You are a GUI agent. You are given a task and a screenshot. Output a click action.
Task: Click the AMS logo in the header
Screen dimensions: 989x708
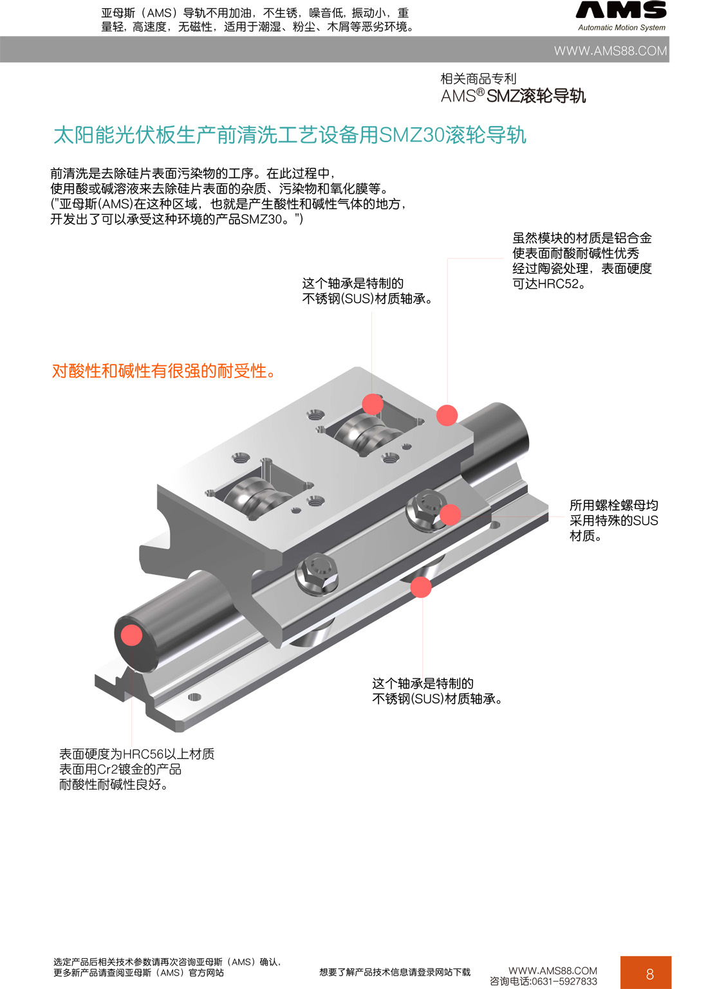[x=621, y=10]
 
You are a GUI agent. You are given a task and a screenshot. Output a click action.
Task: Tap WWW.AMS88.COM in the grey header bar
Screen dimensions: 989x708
[x=610, y=51]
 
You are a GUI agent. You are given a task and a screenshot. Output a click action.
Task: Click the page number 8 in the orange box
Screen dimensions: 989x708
[x=649, y=974]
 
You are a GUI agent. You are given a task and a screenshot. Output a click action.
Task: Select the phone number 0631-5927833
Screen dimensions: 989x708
[x=564, y=981]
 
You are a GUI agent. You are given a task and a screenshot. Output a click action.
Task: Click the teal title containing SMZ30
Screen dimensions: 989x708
[x=290, y=135]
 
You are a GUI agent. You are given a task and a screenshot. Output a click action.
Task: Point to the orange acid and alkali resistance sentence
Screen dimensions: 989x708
[x=164, y=371]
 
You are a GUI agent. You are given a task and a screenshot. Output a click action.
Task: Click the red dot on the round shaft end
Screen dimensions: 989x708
[x=131, y=635]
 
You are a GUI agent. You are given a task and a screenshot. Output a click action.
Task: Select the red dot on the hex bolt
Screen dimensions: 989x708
[x=450, y=514]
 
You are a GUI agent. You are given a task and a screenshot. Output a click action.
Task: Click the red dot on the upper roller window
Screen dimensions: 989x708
[x=373, y=404]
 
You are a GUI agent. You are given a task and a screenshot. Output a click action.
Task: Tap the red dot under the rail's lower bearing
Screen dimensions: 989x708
[x=421, y=587]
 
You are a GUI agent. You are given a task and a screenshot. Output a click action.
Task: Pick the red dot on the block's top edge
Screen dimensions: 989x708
[x=447, y=415]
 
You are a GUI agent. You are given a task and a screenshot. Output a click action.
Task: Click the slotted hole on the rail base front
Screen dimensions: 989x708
[x=194, y=697]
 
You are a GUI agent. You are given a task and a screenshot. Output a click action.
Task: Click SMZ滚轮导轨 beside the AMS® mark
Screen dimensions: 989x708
[x=536, y=96]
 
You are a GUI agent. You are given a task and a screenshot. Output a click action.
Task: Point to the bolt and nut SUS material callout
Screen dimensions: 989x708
[x=613, y=520]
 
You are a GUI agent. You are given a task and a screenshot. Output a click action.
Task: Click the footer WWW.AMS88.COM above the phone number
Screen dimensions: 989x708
[x=552, y=970]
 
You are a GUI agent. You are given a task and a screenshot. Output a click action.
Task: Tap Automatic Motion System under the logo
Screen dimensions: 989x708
[x=621, y=28]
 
